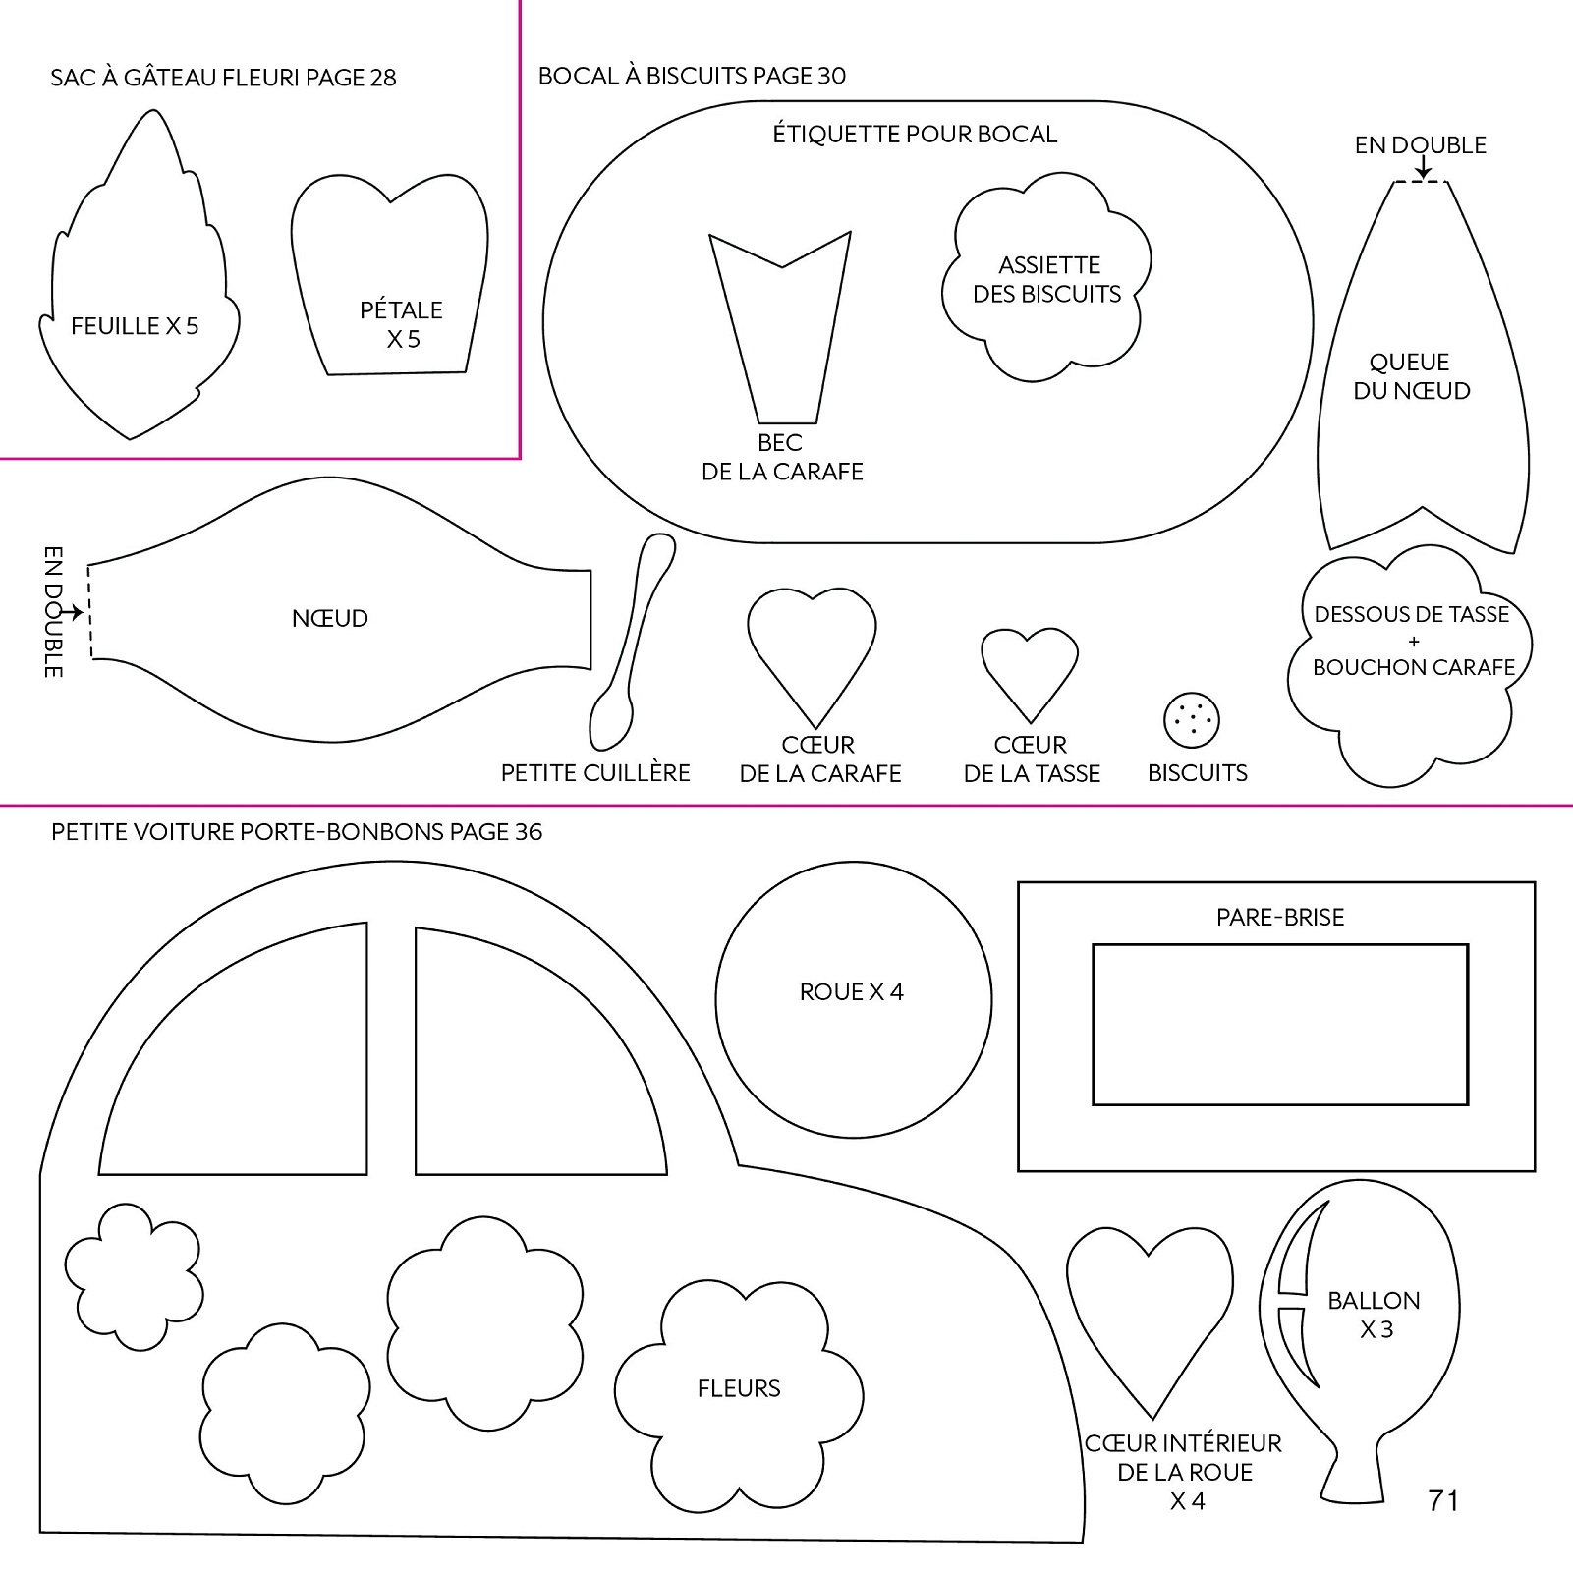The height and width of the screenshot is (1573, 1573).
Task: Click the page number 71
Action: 1442,1500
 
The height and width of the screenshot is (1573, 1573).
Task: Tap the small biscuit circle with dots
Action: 1191,720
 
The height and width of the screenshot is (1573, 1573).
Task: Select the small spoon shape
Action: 632,643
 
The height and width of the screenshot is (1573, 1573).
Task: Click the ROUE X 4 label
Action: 851,992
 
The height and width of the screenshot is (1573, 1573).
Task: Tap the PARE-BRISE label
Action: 1279,918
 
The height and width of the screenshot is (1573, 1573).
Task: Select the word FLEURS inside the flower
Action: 739,1388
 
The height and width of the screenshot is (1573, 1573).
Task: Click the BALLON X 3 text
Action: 1375,1315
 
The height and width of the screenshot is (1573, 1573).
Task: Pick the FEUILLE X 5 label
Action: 135,326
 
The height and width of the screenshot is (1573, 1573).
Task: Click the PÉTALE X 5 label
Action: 401,324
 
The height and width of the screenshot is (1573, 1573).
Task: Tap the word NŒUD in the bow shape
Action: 330,619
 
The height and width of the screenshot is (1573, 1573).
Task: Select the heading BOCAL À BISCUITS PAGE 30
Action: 692,76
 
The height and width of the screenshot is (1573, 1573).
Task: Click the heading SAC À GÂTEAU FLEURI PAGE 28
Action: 223,78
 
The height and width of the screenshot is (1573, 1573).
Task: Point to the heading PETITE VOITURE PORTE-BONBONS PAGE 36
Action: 297,832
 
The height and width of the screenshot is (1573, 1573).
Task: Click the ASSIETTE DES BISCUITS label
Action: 1047,279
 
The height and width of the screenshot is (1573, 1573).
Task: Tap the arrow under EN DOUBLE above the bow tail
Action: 1422,171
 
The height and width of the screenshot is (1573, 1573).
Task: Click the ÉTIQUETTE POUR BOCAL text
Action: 915,134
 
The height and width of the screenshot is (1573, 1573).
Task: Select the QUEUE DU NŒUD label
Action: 1411,376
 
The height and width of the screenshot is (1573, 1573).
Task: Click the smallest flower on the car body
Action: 134,1274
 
